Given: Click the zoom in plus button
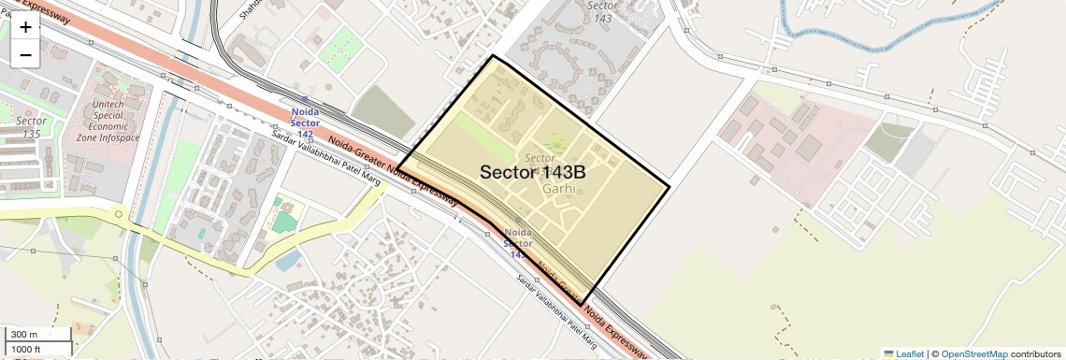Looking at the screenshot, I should (x=25, y=27).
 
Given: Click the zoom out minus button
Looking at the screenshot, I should (x=25, y=54).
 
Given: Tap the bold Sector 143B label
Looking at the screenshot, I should (x=533, y=173).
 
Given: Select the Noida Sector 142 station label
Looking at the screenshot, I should (x=305, y=123).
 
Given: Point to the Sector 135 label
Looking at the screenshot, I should (x=32, y=128).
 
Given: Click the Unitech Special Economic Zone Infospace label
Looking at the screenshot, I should (x=114, y=121).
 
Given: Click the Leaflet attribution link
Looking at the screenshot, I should (x=903, y=353).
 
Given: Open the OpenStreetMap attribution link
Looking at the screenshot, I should (x=973, y=353).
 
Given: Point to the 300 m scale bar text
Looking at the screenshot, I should (x=24, y=335).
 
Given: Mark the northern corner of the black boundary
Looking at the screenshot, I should (x=493, y=56).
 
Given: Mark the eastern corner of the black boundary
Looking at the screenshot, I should (x=670, y=186).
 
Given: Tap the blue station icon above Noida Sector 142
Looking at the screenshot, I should (x=305, y=99).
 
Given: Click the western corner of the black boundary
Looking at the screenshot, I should (x=397, y=170).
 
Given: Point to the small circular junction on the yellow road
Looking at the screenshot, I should (x=119, y=214).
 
